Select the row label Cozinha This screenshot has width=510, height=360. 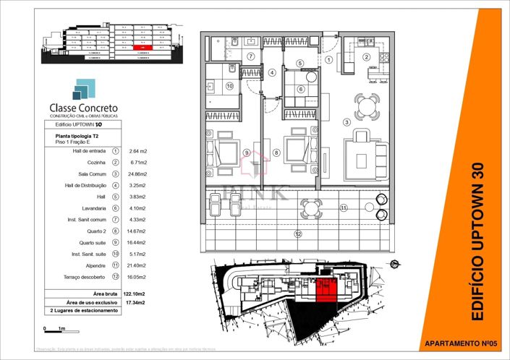coord(95,163)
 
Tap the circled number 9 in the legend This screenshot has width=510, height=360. coord(115,241)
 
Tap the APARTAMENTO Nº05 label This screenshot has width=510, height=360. coord(459,343)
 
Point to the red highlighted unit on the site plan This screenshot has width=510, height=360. coord(326,288)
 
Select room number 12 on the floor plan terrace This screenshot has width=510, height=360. coord(297,233)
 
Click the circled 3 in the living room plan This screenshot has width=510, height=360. coord(347,122)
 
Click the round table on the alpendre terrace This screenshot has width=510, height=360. coord(311,208)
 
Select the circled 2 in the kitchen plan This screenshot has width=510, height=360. coord(366,57)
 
